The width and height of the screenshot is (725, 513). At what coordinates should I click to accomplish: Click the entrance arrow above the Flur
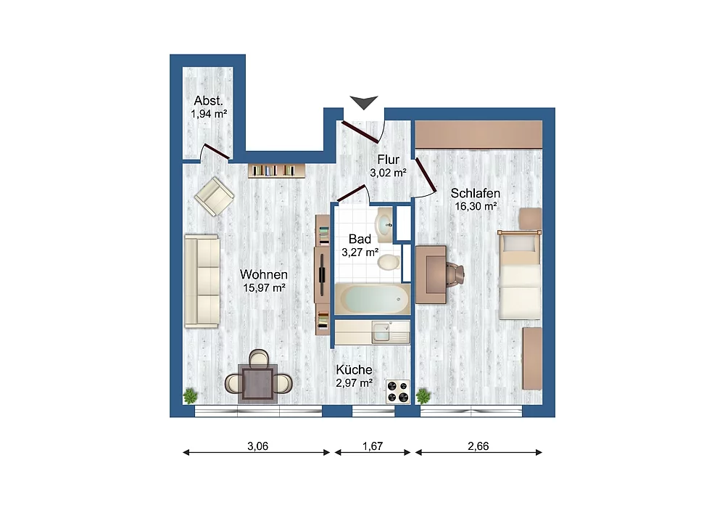click(364, 102)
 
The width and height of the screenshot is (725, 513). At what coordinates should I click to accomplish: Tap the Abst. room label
click(209, 100)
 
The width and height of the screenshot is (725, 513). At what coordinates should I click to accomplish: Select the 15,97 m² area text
click(264, 288)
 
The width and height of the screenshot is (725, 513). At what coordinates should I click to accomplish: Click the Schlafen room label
click(476, 193)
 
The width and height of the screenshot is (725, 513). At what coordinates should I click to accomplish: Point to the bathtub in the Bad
click(372, 299)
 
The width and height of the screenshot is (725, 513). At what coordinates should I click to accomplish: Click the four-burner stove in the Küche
click(398, 392)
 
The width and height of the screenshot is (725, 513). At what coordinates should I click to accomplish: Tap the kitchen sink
click(382, 332)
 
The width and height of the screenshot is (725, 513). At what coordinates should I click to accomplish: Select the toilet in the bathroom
click(389, 262)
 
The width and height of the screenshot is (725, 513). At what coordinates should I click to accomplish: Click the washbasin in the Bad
click(385, 225)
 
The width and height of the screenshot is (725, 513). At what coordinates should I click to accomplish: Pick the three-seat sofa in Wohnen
click(202, 282)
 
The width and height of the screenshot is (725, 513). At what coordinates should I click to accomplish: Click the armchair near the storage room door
click(214, 196)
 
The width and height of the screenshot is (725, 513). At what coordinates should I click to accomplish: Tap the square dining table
click(258, 383)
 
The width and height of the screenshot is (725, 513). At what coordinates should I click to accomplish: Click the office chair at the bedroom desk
click(455, 275)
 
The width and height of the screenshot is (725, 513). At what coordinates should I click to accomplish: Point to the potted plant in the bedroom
click(423, 396)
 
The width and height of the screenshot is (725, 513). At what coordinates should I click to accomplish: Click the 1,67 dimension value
click(373, 446)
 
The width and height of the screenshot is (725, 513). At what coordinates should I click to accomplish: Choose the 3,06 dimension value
click(257, 446)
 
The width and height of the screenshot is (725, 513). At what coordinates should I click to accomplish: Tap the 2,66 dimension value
click(478, 446)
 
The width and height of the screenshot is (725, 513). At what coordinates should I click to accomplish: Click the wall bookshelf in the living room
click(277, 171)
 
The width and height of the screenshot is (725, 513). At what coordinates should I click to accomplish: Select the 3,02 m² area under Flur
click(389, 173)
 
